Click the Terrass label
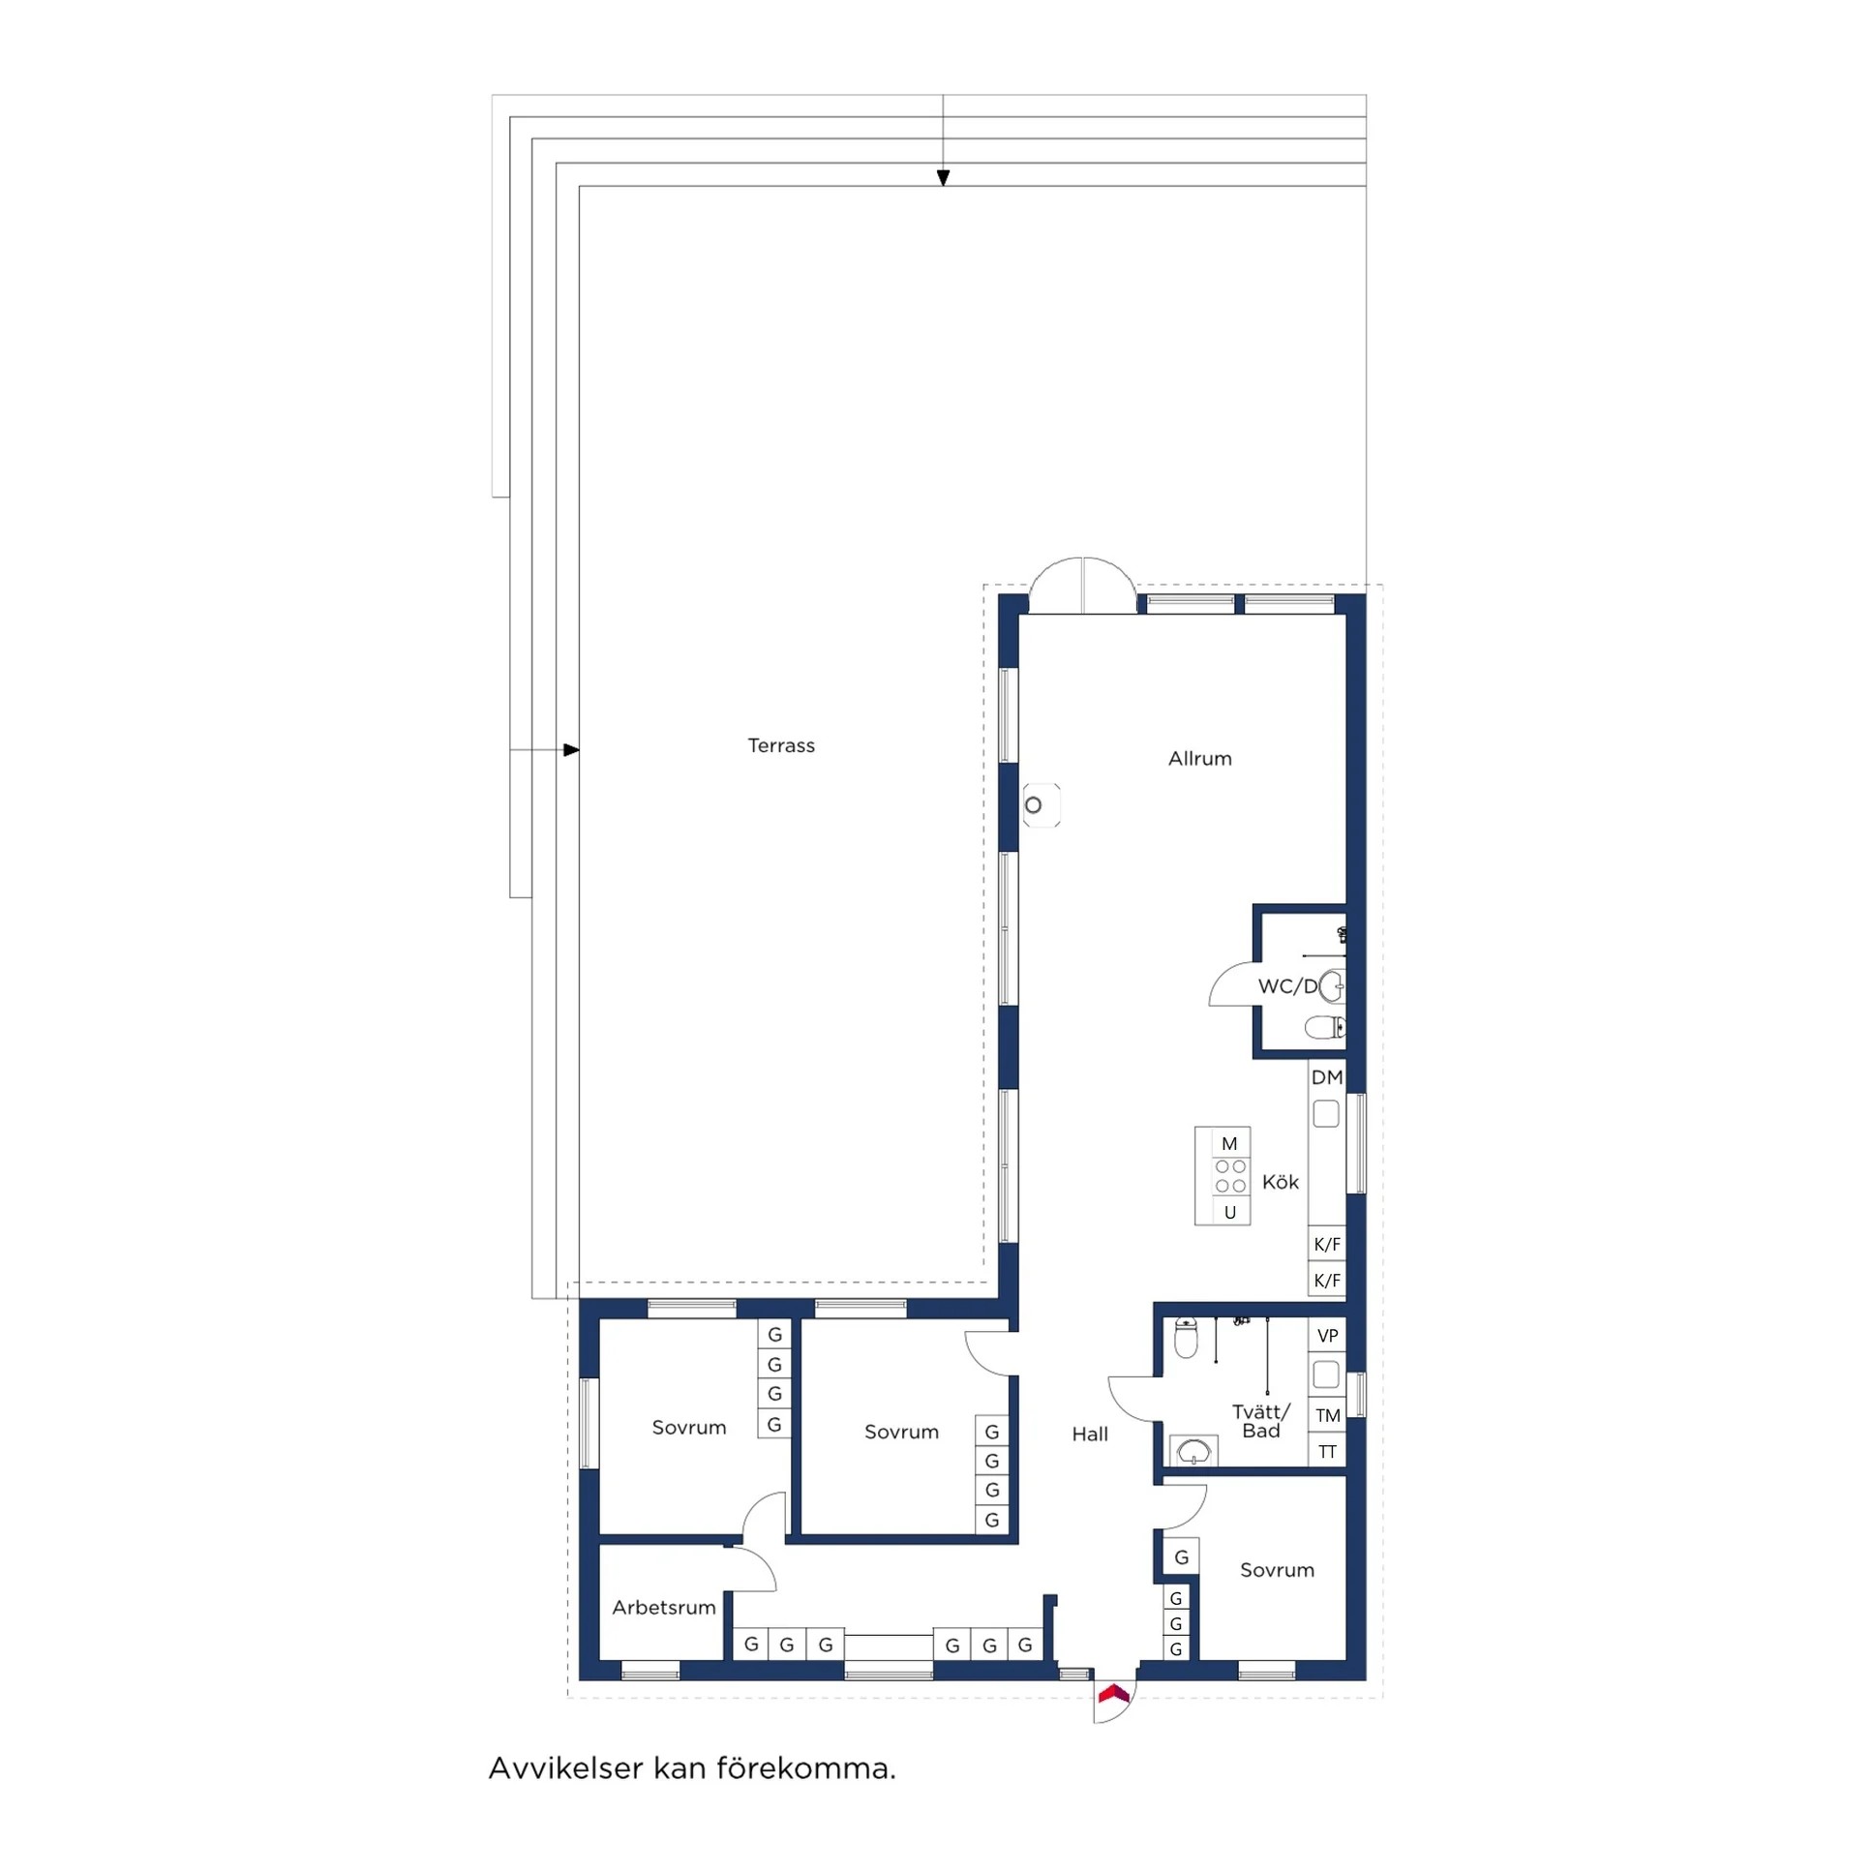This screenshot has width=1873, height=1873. click(780, 745)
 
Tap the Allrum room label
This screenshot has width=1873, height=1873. click(1199, 758)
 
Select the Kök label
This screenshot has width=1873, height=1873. click(1280, 1182)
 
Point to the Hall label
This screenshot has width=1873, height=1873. click(1090, 1434)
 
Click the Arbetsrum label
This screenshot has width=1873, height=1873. click(663, 1608)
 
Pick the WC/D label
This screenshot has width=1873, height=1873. click(1287, 987)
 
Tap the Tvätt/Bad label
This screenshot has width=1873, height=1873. click(1261, 1421)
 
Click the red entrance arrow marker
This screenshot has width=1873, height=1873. click(1113, 1694)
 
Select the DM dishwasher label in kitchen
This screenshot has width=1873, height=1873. click(1326, 1077)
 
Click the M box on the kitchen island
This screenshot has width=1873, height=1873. click(1229, 1144)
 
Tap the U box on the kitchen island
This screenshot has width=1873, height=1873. click(1230, 1212)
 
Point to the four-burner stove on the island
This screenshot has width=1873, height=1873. click(1230, 1177)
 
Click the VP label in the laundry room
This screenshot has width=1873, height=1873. click(1327, 1335)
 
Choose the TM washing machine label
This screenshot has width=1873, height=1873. click(1327, 1415)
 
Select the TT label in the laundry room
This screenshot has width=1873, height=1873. click(1327, 1451)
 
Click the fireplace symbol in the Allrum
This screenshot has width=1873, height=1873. click(1042, 804)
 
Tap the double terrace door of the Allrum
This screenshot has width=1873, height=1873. click(1082, 587)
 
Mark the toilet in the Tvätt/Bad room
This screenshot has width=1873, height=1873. click(1186, 1338)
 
